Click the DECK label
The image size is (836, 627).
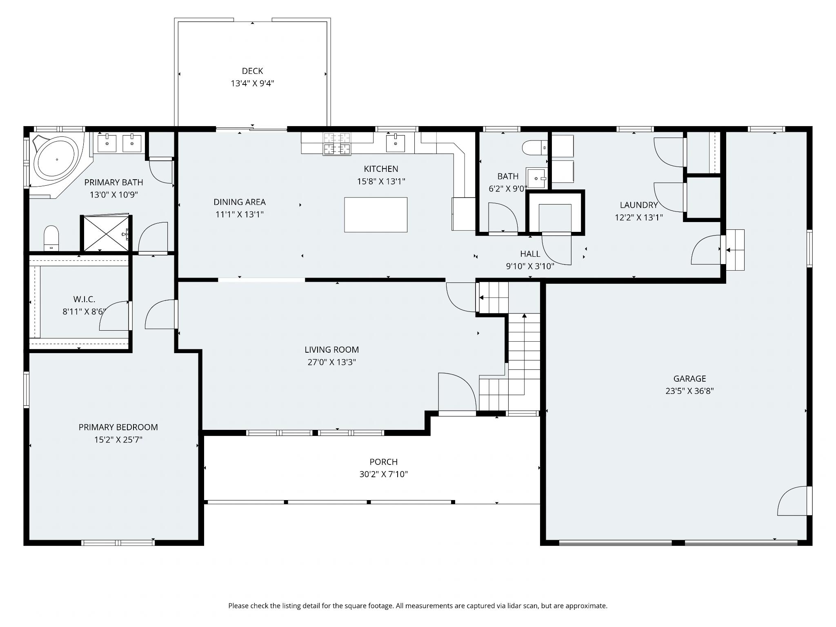[252, 71]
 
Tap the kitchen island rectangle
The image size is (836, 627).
[376, 215]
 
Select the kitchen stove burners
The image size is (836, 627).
[337, 144]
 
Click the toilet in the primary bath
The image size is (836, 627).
[51, 238]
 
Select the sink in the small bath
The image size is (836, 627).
[536, 178]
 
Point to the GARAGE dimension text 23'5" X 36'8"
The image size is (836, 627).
[689, 391]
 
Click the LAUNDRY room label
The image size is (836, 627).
[639, 205]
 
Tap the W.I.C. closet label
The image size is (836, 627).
[84, 300]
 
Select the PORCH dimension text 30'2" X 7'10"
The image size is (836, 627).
[383, 474]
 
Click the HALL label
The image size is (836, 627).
[530, 254]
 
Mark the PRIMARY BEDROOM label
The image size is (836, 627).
[118, 427]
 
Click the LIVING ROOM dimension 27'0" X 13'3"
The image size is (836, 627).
[331, 362]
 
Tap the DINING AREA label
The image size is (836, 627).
[240, 202]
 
